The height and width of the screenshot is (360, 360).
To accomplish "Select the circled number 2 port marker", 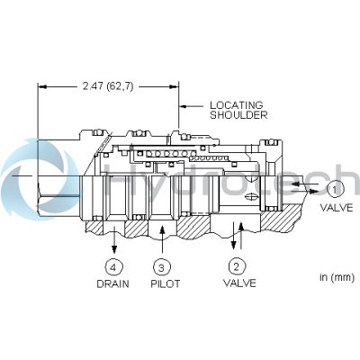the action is (x=237, y=266).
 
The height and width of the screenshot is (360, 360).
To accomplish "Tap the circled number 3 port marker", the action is (x=162, y=267).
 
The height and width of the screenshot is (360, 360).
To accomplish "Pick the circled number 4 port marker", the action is (x=113, y=267).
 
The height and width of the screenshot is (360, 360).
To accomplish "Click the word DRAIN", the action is (x=112, y=283).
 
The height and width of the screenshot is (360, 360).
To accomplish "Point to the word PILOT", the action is (x=165, y=283).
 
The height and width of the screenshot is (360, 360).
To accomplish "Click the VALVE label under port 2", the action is (x=239, y=283).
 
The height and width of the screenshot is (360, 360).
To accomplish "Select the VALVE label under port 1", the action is (x=337, y=207).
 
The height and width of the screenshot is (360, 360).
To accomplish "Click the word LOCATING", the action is (x=237, y=105).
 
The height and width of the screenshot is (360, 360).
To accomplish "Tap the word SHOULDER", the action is (x=238, y=115).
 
